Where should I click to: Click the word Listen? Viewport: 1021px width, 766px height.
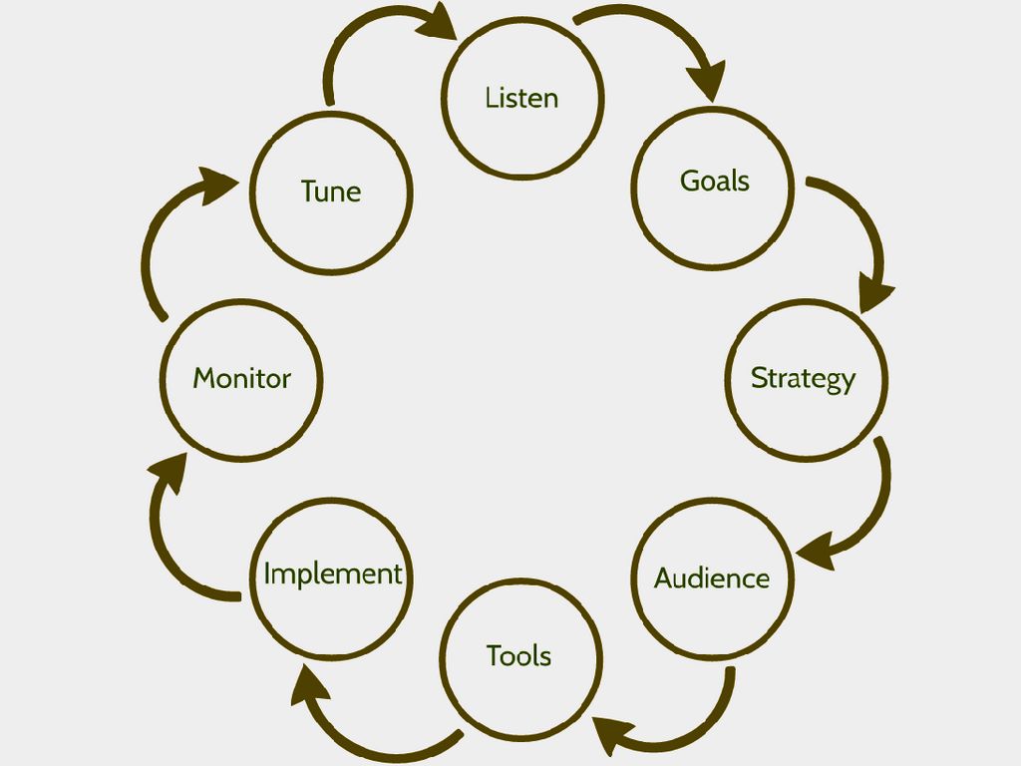pos(521,98)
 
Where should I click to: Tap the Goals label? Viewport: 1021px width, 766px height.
pos(714,182)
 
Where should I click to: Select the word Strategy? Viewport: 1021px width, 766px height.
pos(803,379)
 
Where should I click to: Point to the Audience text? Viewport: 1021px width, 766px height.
pos(712,578)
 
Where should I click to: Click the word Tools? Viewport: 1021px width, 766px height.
pos(518,656)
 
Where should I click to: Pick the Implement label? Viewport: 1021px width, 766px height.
pos(332,574)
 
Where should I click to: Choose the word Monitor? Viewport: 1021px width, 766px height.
pos(241,379)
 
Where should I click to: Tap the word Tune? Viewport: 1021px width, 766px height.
pos(331,191)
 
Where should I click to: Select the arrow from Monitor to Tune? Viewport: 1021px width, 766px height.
pos(160,239)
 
